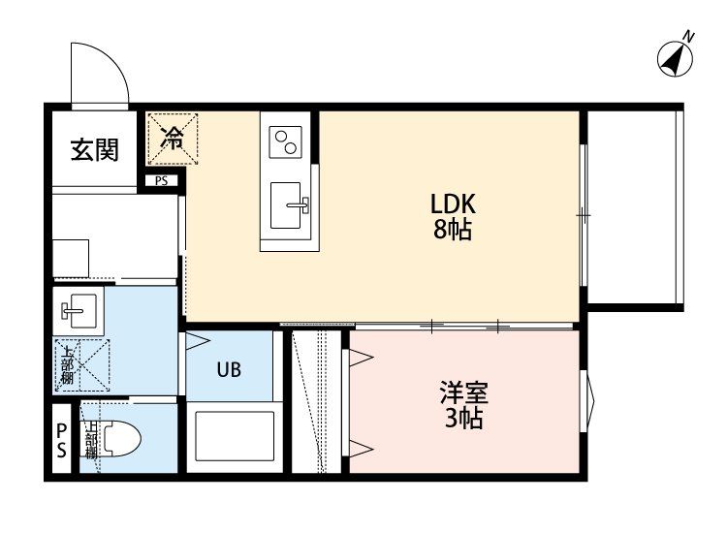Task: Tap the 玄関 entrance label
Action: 95,149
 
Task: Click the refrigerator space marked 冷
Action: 173,139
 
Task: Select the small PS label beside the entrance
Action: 161,181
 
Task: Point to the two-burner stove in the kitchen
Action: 285,142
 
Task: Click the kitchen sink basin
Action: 286,204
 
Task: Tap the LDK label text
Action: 453,204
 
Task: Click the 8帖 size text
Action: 453,229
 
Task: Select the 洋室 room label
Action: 463,393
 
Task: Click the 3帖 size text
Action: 464,418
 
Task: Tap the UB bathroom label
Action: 229,370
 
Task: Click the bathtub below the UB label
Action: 235,436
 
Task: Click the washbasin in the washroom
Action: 79,309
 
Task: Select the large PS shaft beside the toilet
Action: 62,438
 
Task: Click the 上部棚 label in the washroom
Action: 67,365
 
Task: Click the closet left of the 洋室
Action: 317,401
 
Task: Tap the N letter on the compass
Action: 689,36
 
